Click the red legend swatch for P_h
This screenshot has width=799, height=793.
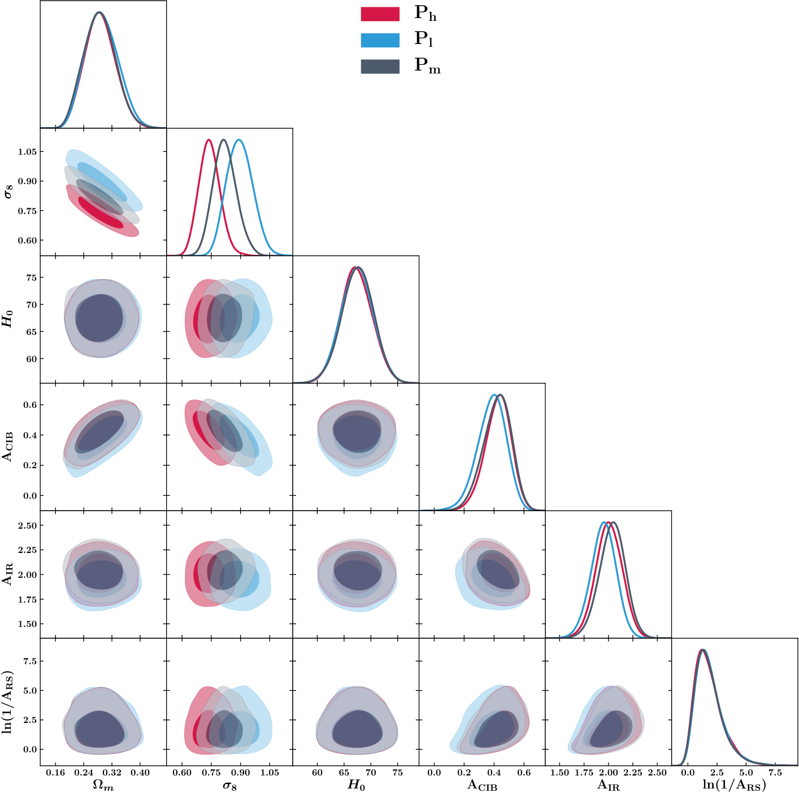(x=380, y=14)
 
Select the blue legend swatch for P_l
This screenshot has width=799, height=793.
(x=380, y=40)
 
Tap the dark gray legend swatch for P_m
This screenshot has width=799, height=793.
(x=380, y=66)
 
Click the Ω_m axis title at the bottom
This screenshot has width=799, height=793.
(x=103, y=785)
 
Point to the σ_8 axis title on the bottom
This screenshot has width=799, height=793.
(x=229, y=785)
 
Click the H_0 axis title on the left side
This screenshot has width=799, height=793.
(x=7, y=319)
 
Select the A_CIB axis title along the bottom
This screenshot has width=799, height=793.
(x=482, y=785)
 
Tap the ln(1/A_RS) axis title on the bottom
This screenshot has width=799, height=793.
(x=735, y=785)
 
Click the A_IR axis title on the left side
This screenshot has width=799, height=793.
(x=8, y=574)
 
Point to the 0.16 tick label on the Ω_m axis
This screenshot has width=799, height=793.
(x=55, y=773)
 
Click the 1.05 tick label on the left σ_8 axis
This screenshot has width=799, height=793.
(x=27, y=152)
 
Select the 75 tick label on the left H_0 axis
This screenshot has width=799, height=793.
(x=31, y=278)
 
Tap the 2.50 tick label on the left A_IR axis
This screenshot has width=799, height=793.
(x=27, y=526)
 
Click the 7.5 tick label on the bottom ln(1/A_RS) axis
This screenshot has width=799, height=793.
(x=775, y=773)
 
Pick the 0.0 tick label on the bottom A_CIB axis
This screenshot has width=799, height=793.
(x=434, y=773)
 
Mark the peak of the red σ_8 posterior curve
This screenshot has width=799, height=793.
(x=209, y=140)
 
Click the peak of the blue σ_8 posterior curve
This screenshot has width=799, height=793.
(x=239, y=140)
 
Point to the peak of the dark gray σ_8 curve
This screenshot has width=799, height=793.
(x=224, y=140)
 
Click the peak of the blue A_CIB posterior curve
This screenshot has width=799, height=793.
(x=494, y=395)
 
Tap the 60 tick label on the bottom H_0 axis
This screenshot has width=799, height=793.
(x=317, y=773)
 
